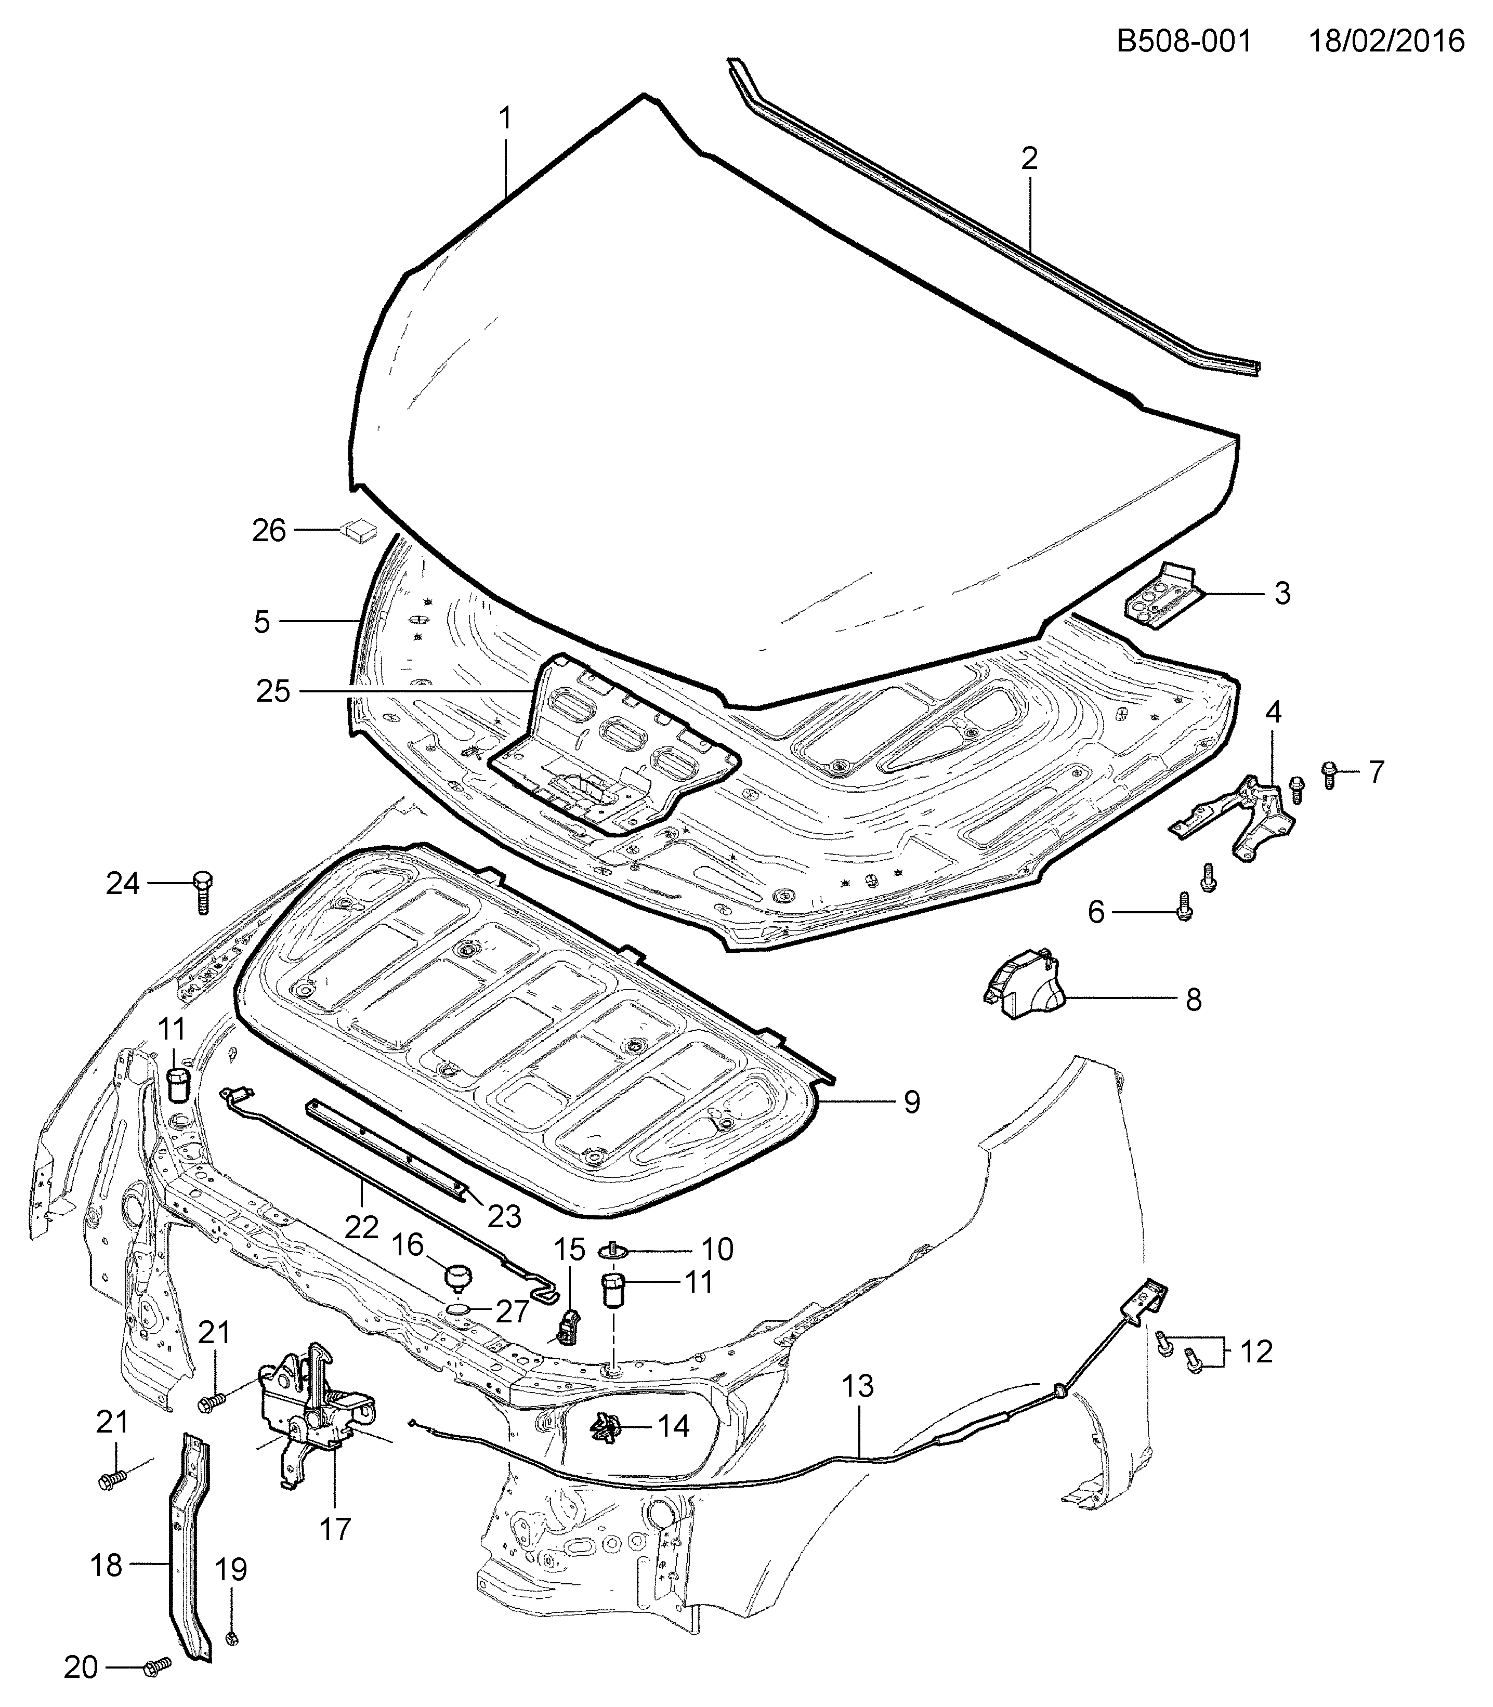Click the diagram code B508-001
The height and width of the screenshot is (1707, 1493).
1184,41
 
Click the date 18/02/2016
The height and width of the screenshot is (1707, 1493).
1386,41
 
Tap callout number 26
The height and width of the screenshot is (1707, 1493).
269,531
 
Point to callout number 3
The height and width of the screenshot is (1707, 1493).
1282,593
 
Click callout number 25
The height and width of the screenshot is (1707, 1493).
273,691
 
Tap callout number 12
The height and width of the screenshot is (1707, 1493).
1256,1351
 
